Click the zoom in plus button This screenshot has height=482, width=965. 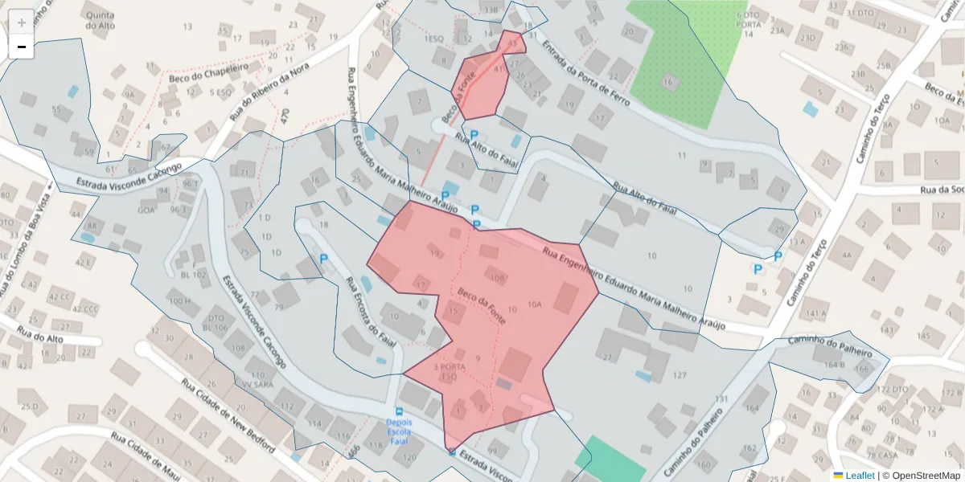coord(22,22)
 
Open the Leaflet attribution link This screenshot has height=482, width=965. coord(859,476)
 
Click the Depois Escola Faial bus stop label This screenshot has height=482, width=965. coord(399,431)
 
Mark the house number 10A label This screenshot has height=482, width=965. coord(535,304)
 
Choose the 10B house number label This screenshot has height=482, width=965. coord(497,279)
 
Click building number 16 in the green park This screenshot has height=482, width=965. coord(667,82)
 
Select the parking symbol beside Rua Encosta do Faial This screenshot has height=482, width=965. coord(324,259)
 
